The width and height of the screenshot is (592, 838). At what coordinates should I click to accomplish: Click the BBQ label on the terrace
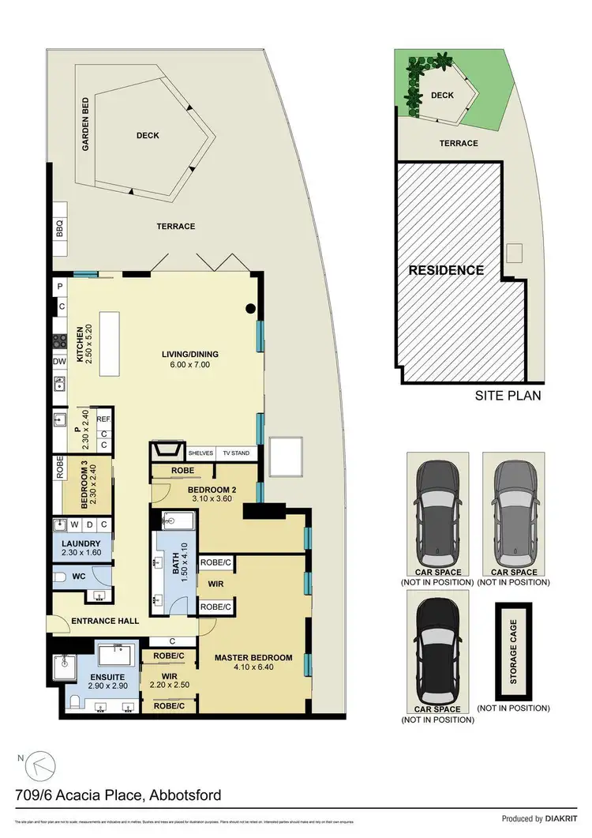(x=59, y=228)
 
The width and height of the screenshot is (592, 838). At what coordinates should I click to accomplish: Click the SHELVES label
(x=200, y=453)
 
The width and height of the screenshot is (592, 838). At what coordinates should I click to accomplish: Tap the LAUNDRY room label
(x=82, y=544)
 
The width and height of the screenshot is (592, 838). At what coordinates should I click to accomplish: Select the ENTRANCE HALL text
(x=105, y=621)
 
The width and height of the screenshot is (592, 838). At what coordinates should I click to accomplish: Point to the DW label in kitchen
(x=59, y=362)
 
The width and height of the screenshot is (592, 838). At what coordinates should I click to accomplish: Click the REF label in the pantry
(x=102, y=419)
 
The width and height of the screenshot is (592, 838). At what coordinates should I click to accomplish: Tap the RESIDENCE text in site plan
(x=446, y=270)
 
